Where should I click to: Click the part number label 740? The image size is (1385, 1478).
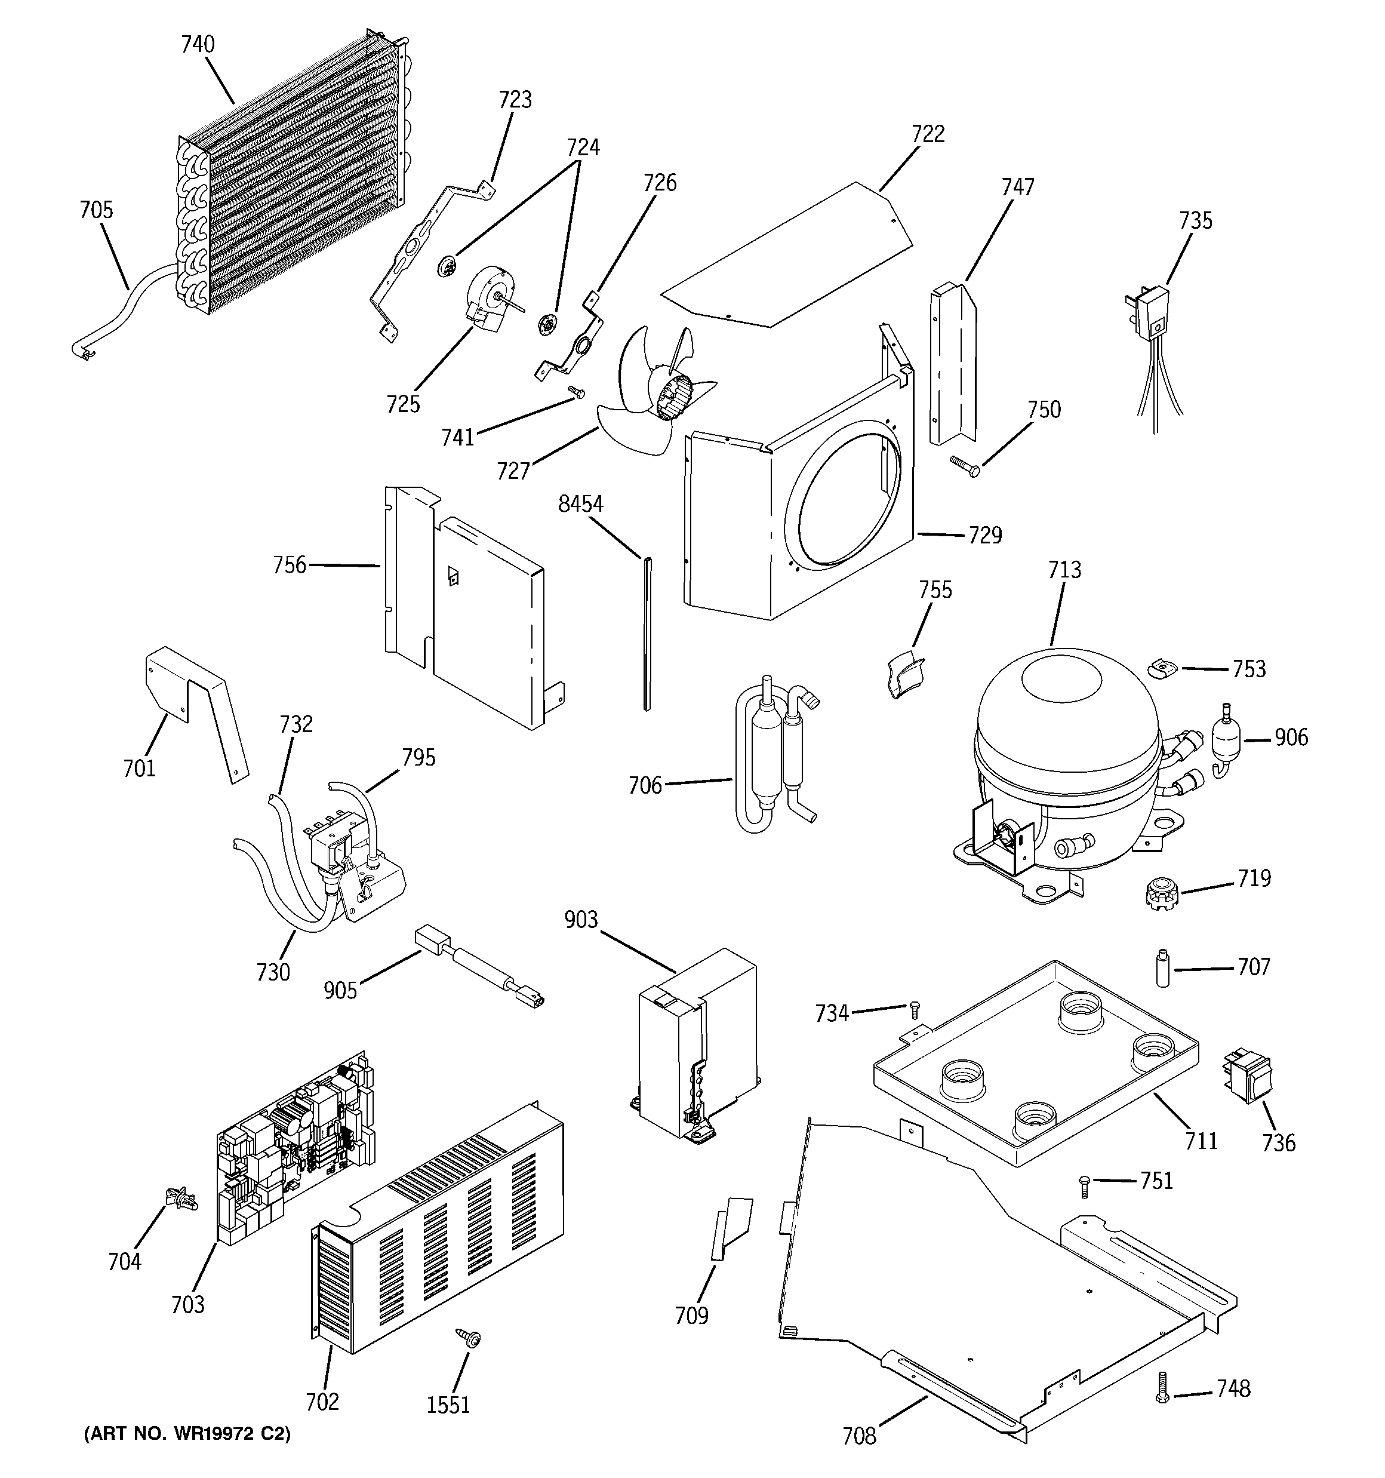[198, 45]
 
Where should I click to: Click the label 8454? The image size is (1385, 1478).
[581, 504]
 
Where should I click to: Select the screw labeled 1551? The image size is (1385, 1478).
[470, 1338]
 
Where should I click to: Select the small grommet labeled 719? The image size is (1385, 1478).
[1162, 895]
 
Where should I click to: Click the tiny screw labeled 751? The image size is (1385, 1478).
[1084, 1184]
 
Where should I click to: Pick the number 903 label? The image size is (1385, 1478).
[581, 920]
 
